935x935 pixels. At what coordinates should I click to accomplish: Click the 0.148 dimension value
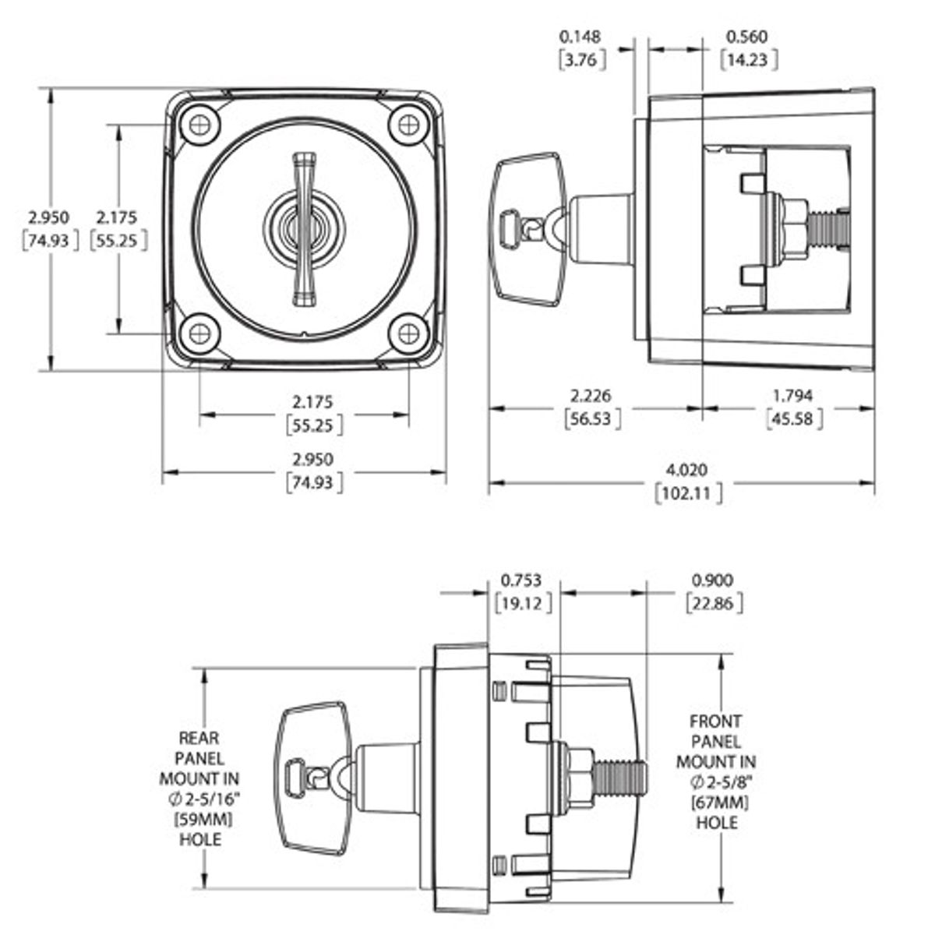click(581, 36)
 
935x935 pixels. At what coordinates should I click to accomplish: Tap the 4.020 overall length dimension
click(686, 470)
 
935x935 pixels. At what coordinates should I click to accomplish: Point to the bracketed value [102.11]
click(687, 493)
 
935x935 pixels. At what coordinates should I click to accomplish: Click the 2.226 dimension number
click(592, 397)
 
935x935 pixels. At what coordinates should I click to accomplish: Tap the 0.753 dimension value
click(522, 580)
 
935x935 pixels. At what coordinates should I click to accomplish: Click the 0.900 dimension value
click(712, 580)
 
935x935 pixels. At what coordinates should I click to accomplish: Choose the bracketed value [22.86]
click(712, 603)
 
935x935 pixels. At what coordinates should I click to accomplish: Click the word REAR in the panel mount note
click(199, 737)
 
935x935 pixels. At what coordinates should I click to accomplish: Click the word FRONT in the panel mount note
click(715, 722)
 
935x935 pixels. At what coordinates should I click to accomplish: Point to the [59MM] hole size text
click(199, 819)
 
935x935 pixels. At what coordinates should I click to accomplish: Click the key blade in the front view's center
click(303, 229)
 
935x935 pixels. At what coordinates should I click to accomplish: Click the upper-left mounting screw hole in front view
click(199, 124)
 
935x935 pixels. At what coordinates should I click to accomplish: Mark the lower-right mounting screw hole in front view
click(408, 333)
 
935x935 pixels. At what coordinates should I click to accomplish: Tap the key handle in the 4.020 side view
click(528, 229)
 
